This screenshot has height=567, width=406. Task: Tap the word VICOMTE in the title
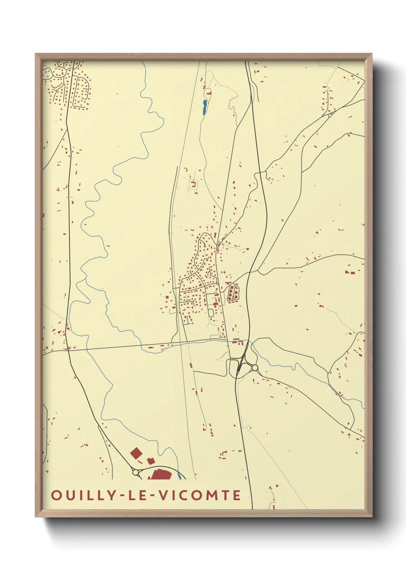pyautogui.click(x=200, y=495)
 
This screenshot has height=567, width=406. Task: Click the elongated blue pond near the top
pyautogui.click(x=205, y=107)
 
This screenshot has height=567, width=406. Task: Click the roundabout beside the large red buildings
pyautogui.click(x=135, y=472)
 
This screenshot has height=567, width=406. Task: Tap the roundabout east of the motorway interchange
pyautogui.click(x=255, y=368)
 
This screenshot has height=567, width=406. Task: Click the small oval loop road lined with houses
pyautogui.click(x=233, y=293)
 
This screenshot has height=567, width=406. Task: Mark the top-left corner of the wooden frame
pyautogui.click(x=36, y=54)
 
